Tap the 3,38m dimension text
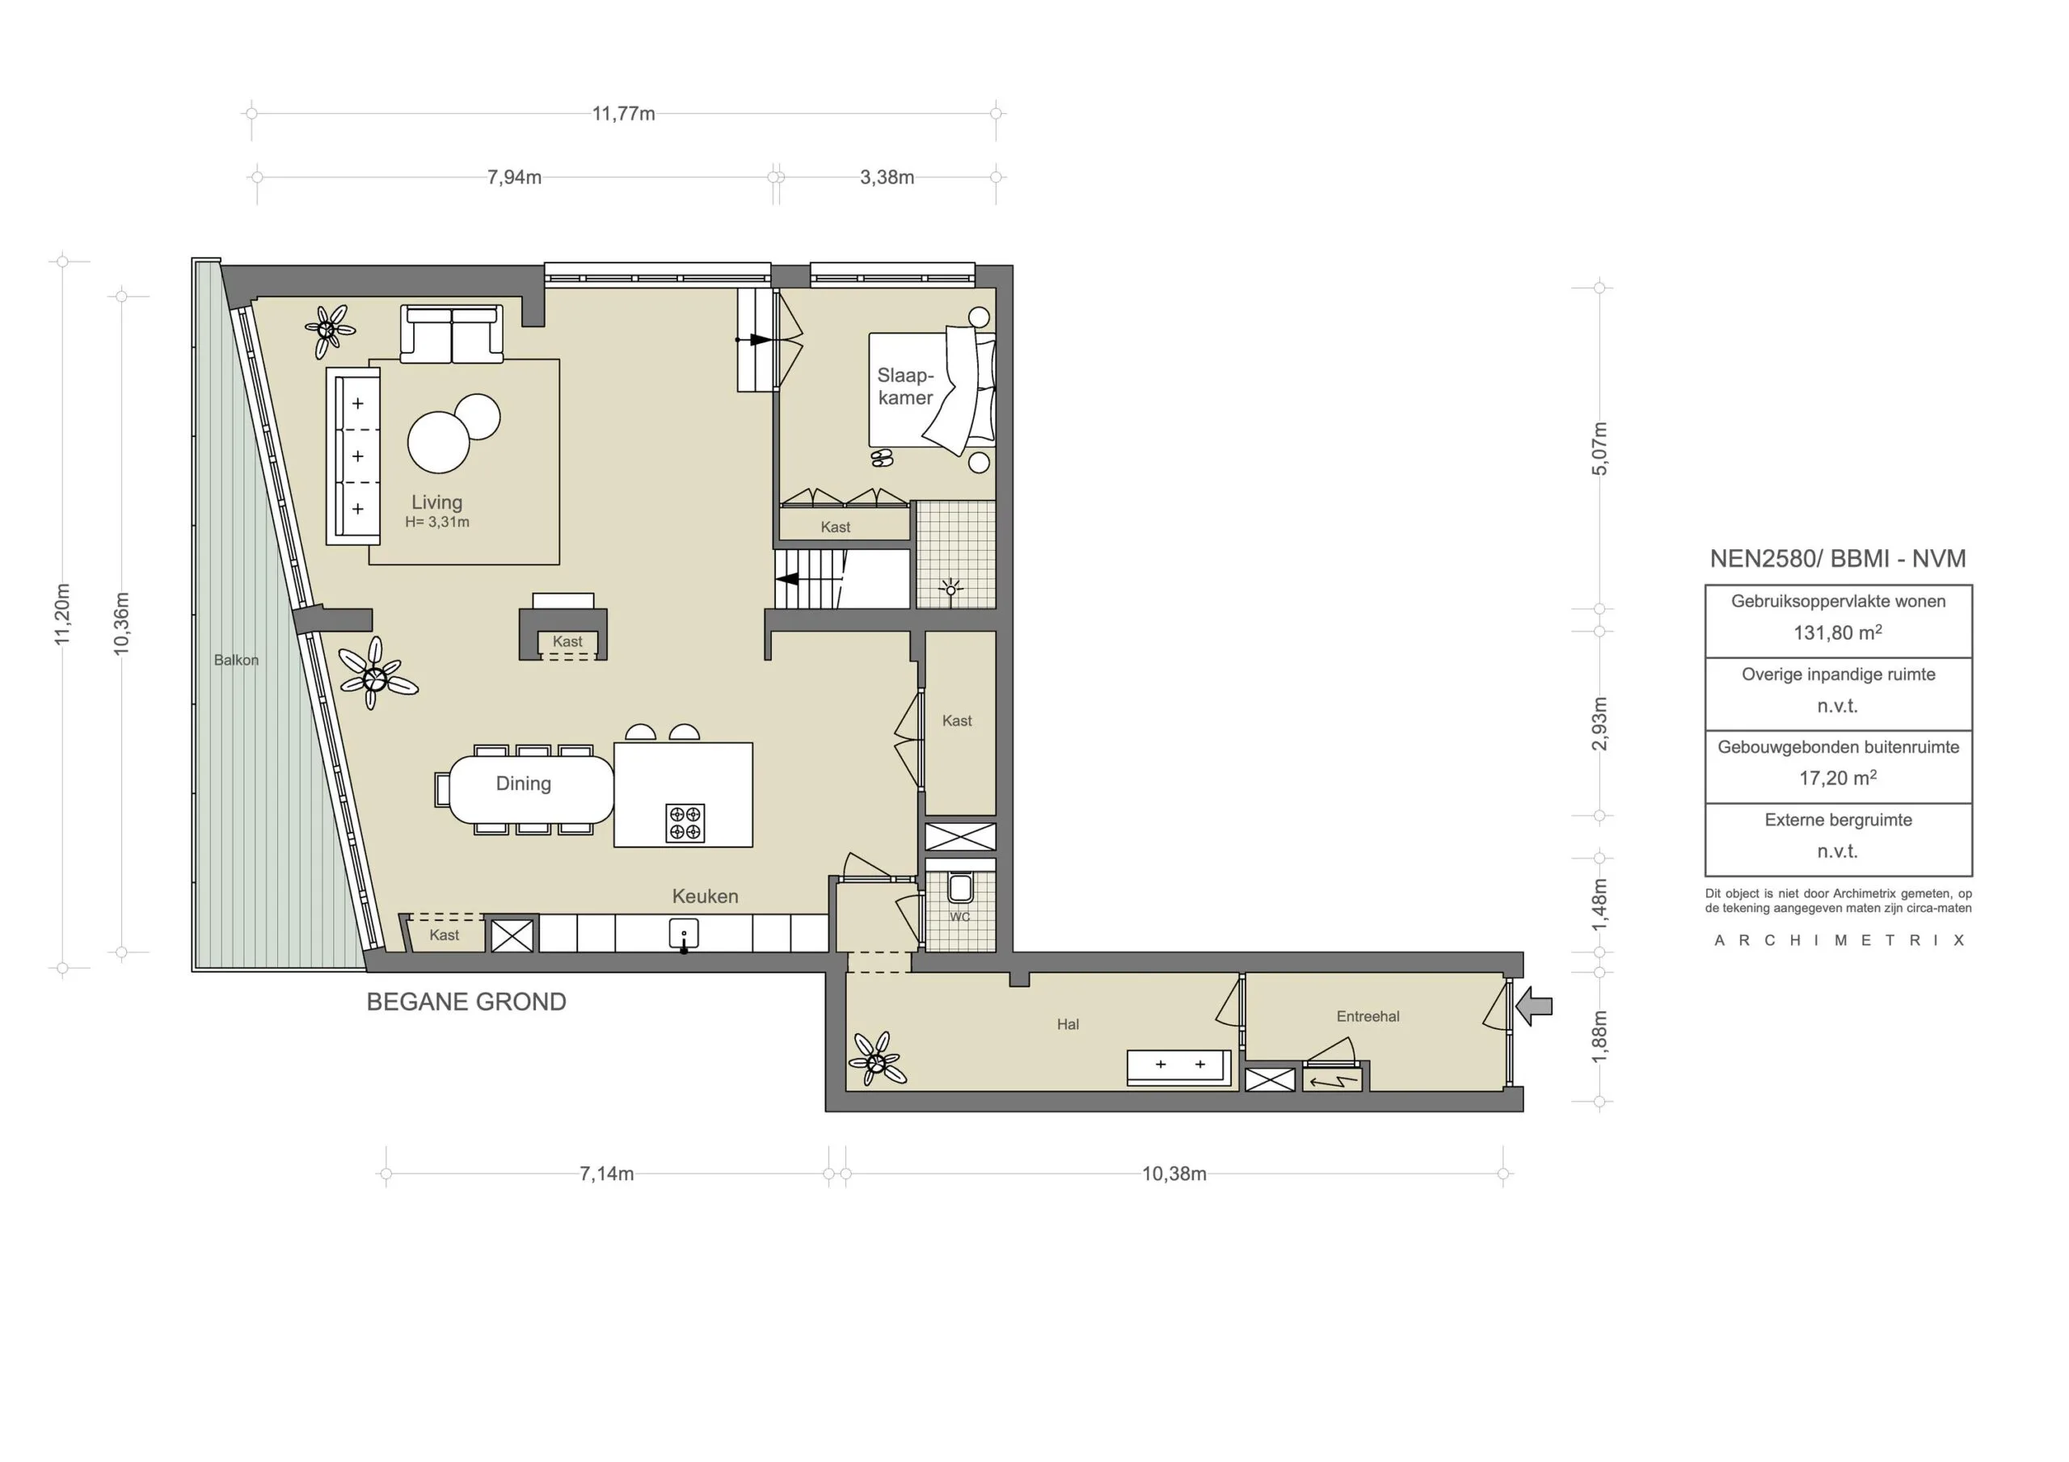click(887, 178)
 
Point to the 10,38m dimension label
click(1174, 1174)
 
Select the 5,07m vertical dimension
click(1599, 448)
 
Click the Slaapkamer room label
click(906, 386)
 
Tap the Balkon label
click(236, 660)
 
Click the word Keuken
click(705, 897)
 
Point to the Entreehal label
click(1368, 1016)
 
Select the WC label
click(959, 917)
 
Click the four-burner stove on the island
click(685, 822)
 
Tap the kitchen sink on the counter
click(684, 933)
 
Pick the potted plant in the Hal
click(875, 1058)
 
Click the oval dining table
click(531, 789)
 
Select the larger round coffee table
click(439, 443)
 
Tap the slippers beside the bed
click(883, 459)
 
